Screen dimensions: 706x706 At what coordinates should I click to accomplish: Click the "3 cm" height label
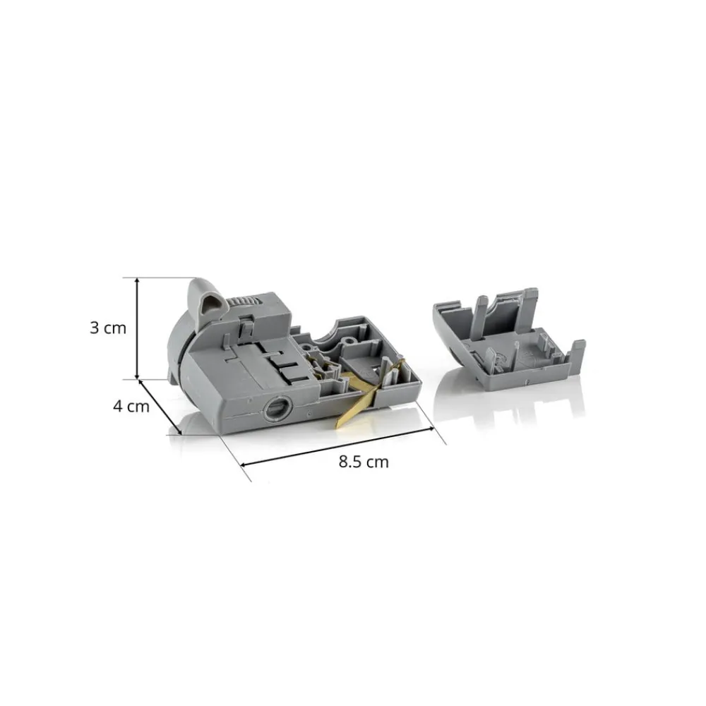(x=108, y=328)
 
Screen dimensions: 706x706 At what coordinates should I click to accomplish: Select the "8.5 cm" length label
(x=364, y=462)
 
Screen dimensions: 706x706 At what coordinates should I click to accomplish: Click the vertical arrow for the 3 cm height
(x=138, y=328)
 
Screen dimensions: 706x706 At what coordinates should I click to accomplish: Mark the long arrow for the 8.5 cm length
(x=337, y=446)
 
